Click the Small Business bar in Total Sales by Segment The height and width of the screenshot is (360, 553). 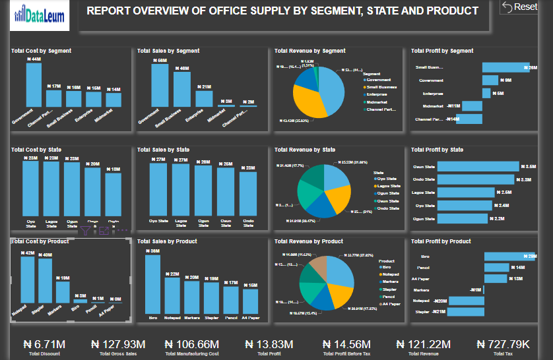[x=181, y=89]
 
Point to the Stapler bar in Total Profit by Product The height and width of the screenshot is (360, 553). [x=466, y=311]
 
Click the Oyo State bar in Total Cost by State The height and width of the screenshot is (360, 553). [x=30, y=188]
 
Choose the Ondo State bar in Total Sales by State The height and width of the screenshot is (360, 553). [x=248, y=193]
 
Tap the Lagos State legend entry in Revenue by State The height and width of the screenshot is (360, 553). [x=387, y=186]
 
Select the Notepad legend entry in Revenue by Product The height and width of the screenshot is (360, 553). [x=390, y=274]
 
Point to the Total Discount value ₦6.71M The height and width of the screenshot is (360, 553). [x=44, y=344]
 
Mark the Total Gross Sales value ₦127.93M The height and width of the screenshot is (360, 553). [x=122, y=344]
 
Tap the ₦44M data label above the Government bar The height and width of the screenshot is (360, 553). [x=34, y=59]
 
